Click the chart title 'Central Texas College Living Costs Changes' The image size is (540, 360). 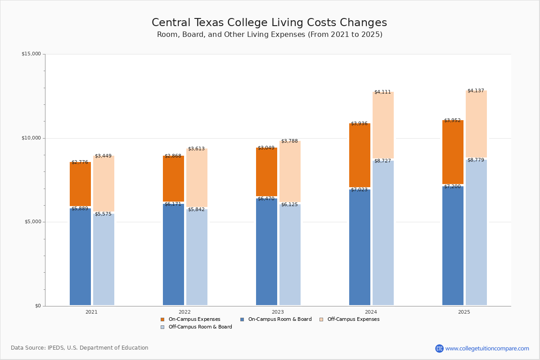[269, 23]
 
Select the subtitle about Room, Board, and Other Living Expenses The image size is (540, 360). [270, 35]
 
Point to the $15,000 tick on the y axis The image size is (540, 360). [31, 54]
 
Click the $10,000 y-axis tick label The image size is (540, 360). [31, 138]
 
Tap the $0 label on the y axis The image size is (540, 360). [38, 306]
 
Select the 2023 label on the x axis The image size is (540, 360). [278, 312]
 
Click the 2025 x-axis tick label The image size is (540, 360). [464, 312]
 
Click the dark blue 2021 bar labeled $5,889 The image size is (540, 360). [80, 256]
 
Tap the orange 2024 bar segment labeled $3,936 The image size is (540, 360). [360, 155]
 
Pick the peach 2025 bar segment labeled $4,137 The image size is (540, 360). [476, 124]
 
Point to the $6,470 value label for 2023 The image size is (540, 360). [266, 198]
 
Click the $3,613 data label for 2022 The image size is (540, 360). [196, 149]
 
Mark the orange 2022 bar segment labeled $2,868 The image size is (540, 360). [173, 179]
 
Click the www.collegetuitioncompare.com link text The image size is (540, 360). [487, 348]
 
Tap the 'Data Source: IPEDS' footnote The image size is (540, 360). [80, 348]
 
